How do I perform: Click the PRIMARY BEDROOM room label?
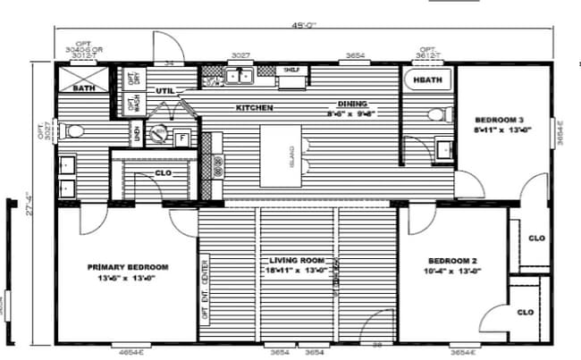tap(128, 266)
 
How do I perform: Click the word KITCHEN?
tap(254, 108)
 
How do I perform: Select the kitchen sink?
tap(239, 78)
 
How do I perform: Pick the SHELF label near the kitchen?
tap(291, 70)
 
